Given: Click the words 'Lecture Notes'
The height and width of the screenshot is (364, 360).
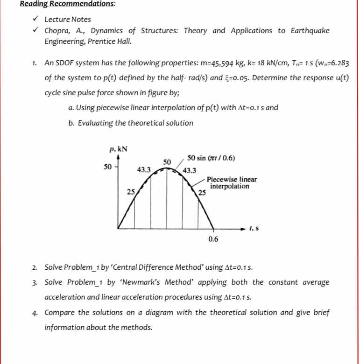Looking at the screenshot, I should click(x=68, y=20).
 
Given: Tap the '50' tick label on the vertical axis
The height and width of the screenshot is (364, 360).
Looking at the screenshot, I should click(x=108, y=167).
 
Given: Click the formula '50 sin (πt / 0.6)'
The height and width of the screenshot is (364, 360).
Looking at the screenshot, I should click(x=211, y=158).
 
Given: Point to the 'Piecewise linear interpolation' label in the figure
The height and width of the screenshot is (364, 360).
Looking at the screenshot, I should click(x=231, y=183).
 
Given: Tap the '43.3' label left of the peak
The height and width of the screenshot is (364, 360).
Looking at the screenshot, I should click(x=143, y=170).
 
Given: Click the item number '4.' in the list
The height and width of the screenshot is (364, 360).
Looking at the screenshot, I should click(x=35, y=312).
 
